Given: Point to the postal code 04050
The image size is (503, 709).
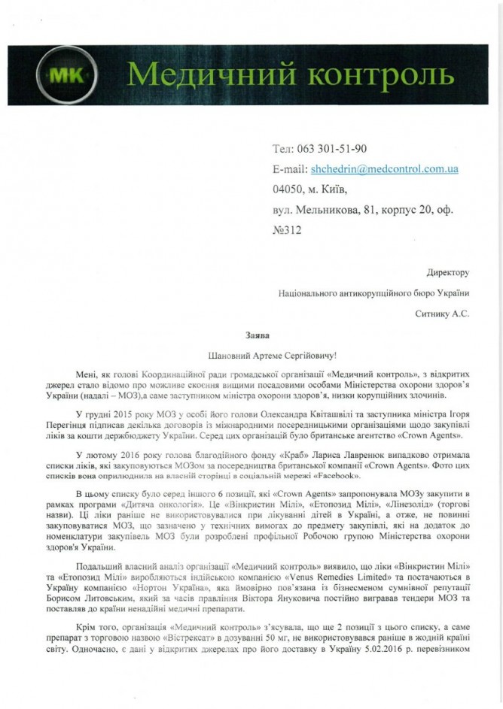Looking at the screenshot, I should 290,189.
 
